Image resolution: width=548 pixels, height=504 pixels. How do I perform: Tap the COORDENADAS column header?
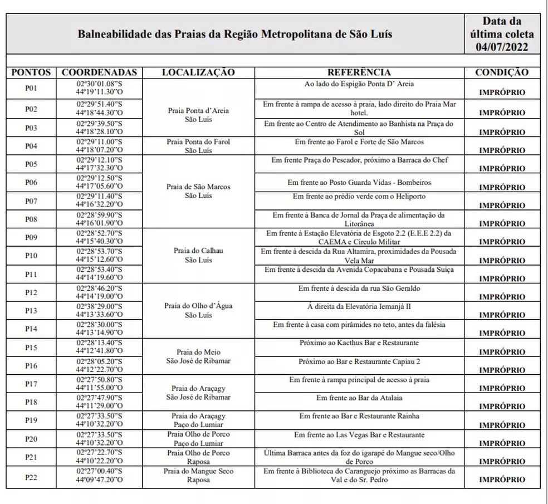(x=99, y=72)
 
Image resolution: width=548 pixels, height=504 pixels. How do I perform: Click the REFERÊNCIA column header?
(x=359, y=72)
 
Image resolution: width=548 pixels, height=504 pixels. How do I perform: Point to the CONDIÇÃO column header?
(x=502, y=72)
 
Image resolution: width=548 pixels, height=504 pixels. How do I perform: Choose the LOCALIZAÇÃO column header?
(x=198, y=72)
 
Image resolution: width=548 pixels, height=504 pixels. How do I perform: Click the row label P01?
(x=31, y=89)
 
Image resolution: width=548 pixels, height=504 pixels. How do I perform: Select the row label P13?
(x=31, y=311)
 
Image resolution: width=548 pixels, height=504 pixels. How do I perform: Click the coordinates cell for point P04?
(x=99, y=146)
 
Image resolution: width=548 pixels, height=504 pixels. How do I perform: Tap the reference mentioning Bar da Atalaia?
(x=359, y=398)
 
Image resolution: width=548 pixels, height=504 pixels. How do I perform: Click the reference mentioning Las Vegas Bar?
(x=359, y=434)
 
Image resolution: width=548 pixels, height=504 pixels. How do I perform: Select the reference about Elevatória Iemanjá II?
(x=359, y=307)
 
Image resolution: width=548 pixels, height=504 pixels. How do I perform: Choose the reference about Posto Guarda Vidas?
(x=359, y=182)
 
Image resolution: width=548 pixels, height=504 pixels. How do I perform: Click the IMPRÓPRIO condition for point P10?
(x=502, y=261)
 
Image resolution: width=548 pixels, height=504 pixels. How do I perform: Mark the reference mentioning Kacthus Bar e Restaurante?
(x=359, y=343)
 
